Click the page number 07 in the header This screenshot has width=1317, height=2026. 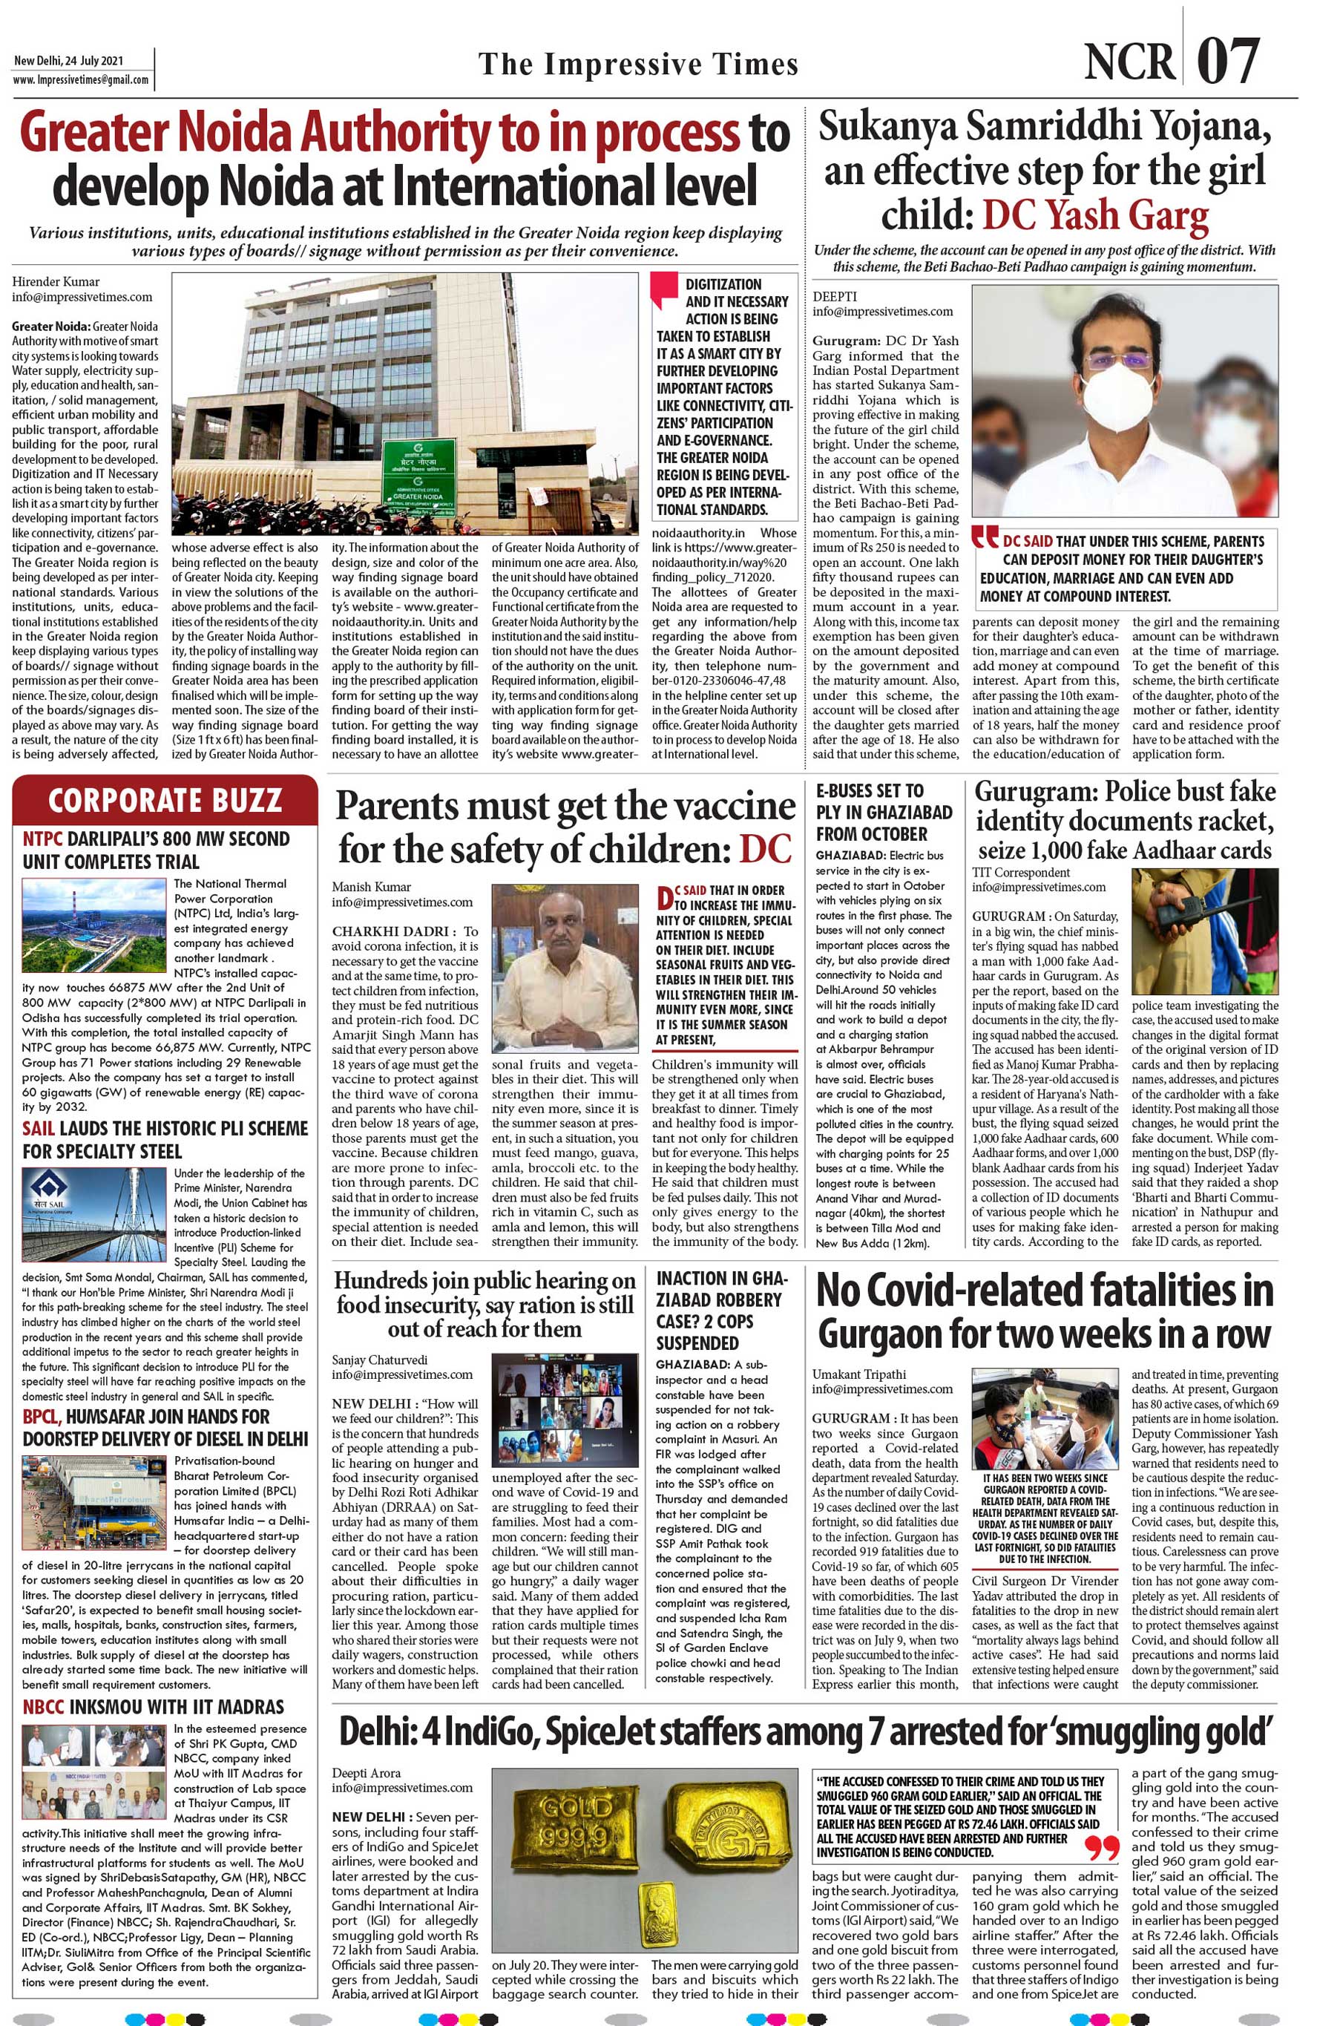(1228, 62)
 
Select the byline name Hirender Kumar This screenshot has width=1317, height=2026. (56, 282)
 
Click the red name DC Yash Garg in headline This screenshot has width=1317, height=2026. (1095, 215)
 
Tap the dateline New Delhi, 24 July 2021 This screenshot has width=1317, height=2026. (68, 62)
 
